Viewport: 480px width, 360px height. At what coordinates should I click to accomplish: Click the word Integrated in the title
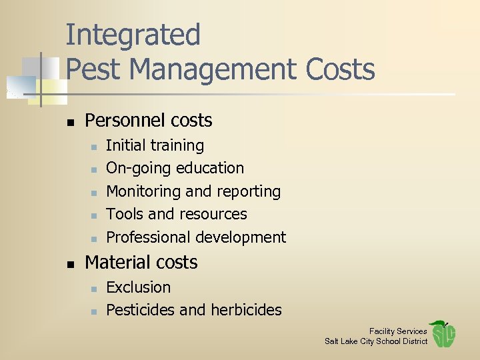point(133,35)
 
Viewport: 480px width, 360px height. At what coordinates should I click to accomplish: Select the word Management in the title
point(213,69)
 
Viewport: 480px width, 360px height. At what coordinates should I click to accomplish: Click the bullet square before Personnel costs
point(70,121)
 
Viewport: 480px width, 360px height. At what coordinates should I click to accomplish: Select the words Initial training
point(155,145)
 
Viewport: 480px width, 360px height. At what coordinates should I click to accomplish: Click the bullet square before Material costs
point(70,263)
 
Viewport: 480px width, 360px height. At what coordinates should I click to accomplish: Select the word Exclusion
point(138,287)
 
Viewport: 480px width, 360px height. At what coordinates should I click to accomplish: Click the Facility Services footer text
point(398,331)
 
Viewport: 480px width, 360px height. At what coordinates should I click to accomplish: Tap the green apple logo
point(443,333)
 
